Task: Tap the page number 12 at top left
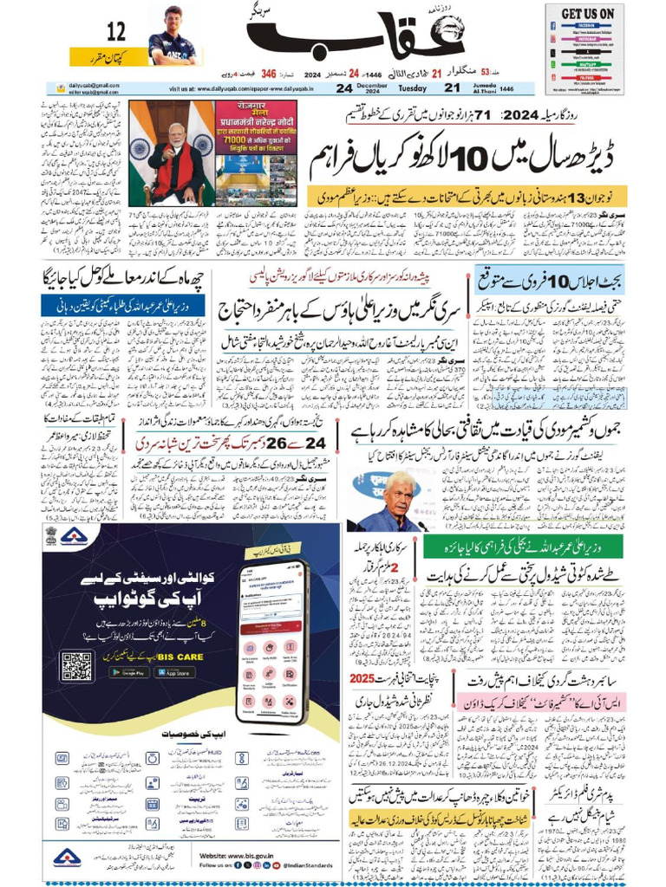pyautogui.click(x=115, y=33)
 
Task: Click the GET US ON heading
pyautogui.click(x=587, y=14)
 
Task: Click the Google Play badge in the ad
pyautogui.click(x=131, y=671)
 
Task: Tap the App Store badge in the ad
pyautogui.click(x=174, y=671)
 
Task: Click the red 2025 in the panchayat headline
pyautogui.click(x=362, y=677)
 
